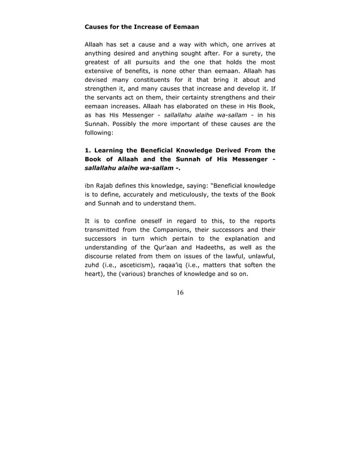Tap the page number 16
180,292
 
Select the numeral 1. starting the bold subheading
88,150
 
